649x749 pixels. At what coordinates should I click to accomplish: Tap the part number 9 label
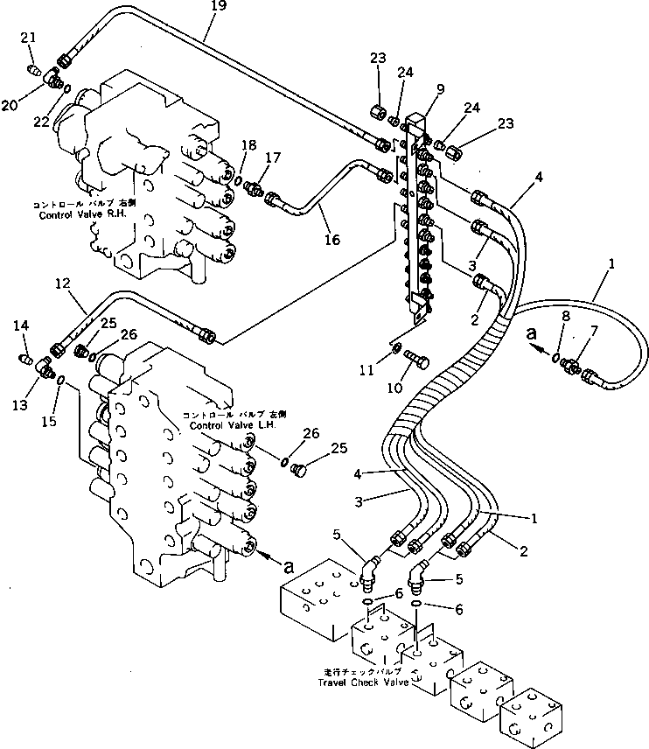439,88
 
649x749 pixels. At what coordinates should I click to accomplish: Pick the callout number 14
21,325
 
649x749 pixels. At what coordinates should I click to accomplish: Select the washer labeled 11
397,350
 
